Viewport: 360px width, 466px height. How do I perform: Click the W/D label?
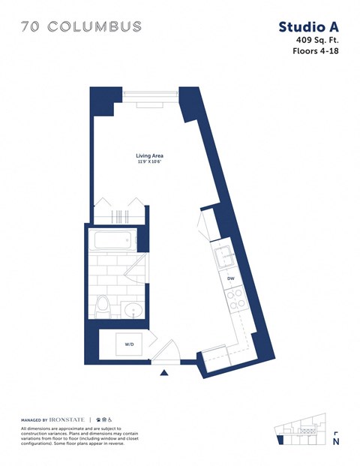tap(129, 345)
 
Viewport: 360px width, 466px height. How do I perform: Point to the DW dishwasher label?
tap(231, 279)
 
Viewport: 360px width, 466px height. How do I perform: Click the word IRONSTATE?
tap(69, 419)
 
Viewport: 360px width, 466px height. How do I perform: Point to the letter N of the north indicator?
tap(336, 443)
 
